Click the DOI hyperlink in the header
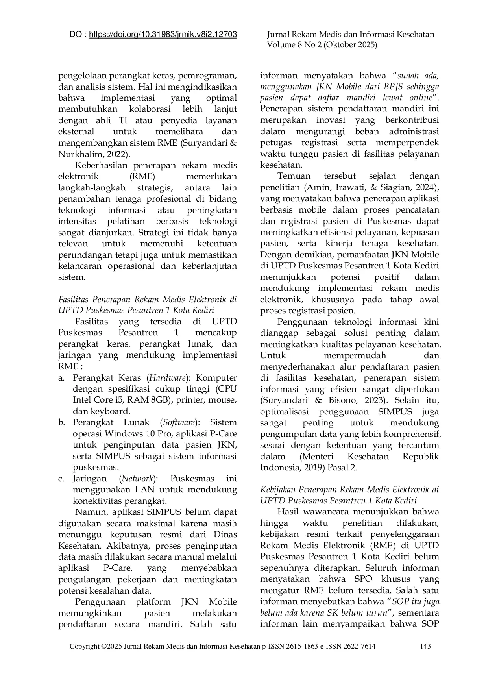[x=163, y=35]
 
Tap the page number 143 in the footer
[x=425, y=646]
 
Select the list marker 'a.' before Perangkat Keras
[x=61, y=378]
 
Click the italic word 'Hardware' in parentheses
[x=168, y=378]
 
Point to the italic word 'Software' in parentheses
[x=179, y=423]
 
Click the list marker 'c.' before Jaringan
[x=61, y=479]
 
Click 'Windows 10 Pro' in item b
[x=138, y=434]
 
